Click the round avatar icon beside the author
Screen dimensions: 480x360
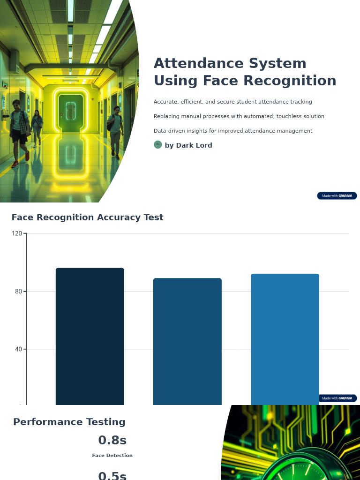tap(158, 145)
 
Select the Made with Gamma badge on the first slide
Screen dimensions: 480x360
tap(337, 195)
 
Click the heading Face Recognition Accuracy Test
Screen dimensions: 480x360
tap(87, 217)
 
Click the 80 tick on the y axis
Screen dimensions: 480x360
tap(18, 291)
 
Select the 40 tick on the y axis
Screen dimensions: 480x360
tap(18, 349)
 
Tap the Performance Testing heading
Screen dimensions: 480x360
tap(69, 422)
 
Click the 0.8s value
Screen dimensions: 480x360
tap(112, 441)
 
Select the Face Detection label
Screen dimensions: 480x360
tap(112, 456)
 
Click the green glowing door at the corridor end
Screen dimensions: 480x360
tap(71, 112)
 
